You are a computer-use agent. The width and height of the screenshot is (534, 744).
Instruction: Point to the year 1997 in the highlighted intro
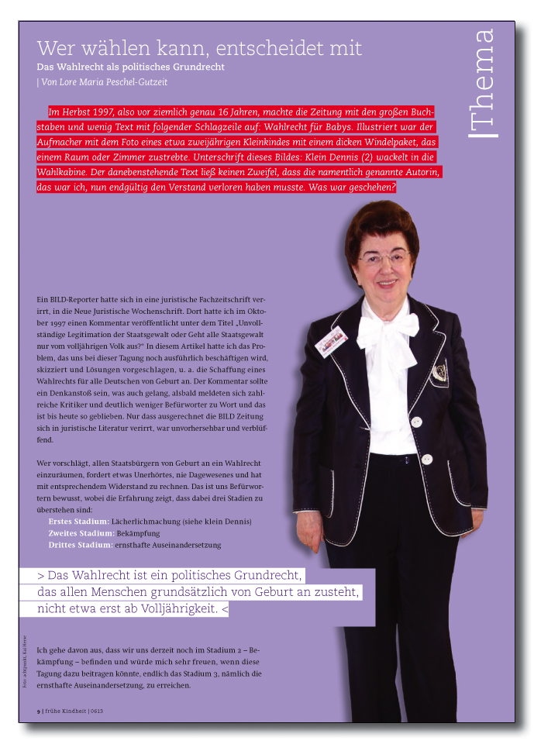(x=102, y=112)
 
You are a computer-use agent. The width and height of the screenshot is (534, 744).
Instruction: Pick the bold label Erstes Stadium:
(x=78, y=522)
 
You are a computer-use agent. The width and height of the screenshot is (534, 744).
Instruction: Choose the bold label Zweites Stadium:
(x=81, y=533)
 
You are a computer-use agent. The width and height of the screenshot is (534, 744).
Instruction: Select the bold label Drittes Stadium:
(x=81, y=545)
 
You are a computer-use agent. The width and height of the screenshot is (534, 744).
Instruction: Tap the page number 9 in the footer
(x=39, y=710)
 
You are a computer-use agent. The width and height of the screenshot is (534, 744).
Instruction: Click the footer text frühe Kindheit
(x=66, y=710)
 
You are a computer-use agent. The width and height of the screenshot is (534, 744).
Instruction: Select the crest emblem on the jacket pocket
(x=439, y=374)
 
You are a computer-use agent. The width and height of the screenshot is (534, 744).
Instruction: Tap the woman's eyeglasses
(x=383, y=257)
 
